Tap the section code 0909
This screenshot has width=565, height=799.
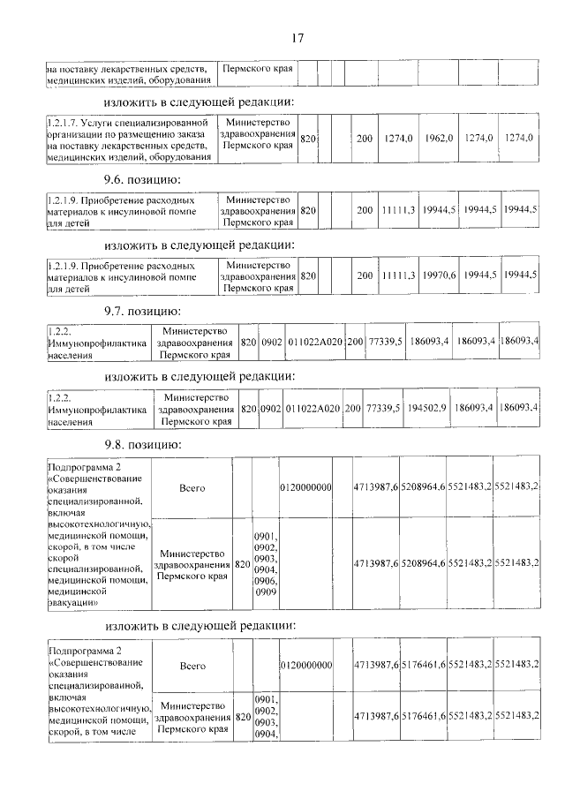point(265,592)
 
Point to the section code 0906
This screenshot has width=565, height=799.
point(265,581)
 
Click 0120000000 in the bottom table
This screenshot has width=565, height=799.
point(306,664)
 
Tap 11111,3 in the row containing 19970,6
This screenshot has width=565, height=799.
point(398,276)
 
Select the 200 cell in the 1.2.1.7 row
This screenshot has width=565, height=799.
point(364,139)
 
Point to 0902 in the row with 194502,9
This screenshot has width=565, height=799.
point(270,408)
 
